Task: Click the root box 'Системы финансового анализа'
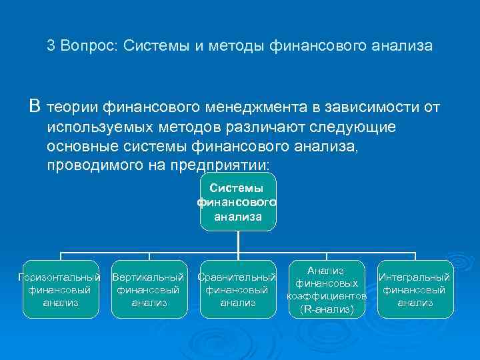pos(238,202)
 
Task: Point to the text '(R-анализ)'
pos(327,309)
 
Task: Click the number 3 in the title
pos(51,47)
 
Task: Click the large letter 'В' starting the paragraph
pos(35,107)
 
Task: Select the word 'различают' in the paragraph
pos(273,127)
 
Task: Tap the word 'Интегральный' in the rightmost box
pos(415,277)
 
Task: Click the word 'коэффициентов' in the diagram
pos(327,295)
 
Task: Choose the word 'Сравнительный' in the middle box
pos(237,277)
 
